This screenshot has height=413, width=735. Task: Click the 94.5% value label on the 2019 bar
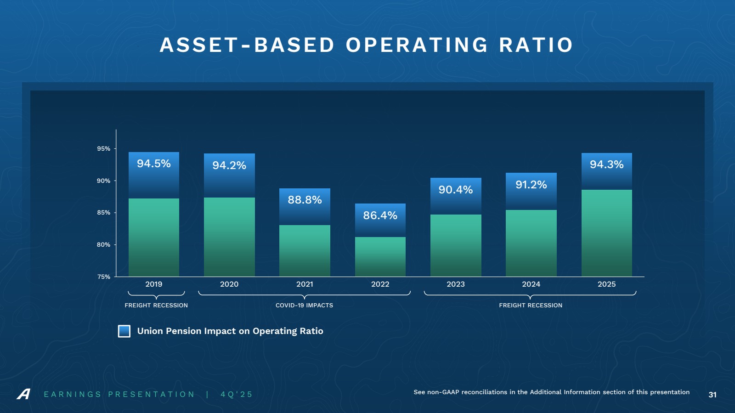[153, 164]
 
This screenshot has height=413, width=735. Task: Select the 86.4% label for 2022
[380, 215]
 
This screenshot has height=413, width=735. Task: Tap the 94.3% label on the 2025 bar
[606, 164]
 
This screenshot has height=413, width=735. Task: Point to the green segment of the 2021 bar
[305, 250]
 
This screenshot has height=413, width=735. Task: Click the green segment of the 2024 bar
[531, 243]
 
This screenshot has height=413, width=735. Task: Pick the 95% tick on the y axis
[103, 149]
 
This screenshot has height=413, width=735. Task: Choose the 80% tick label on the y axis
[103, 245]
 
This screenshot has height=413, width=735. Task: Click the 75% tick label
[103, 277]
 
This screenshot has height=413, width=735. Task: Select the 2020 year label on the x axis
[229, 284]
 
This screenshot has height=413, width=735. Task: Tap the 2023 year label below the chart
[456, 284]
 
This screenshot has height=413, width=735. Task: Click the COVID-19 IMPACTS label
[304, 306]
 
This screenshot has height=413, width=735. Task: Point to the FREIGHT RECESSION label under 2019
[156, 306]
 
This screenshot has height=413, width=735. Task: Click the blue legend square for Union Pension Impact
[124, 331]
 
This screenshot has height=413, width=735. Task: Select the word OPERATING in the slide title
[417, 45]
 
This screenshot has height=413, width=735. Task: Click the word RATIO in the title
[536, 45]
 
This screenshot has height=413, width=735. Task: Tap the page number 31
[712, 395]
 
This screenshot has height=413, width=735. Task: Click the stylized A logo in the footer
[24, 394]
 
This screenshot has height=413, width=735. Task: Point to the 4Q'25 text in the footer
[237, 395]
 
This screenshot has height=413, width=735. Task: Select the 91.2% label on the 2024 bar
[531, 185]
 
